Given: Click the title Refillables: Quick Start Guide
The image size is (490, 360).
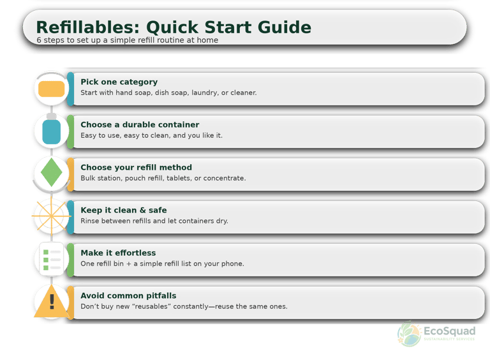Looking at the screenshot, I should click(x=174, y=27).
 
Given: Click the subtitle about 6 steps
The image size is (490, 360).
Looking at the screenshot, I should click(x=127, y=40).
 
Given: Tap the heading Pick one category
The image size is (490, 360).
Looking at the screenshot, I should click(x=119, y=82).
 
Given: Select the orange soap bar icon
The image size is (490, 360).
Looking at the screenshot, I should click(x=51, y=89).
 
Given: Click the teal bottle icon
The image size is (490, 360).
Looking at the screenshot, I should click(x=51, y=131).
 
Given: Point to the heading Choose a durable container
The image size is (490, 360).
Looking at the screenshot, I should click(x=140, y=125).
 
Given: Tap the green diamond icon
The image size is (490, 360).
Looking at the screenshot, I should click(x=51, y=174).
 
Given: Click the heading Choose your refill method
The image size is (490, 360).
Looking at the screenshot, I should click(x=136, y=168).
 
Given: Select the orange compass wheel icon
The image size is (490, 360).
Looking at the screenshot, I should click(x=50, y=216).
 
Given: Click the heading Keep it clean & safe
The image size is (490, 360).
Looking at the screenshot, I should click(x=123, y=210).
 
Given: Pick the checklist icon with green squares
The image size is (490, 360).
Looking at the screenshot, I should click(x=51, y=259).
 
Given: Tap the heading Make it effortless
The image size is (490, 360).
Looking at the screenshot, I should click(x=118, y=253).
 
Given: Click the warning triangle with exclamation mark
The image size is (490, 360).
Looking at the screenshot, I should click(x=52, y=302).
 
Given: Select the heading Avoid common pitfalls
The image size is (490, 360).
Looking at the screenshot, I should click(x=128, y=296).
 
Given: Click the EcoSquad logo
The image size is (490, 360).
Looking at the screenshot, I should click(x=436, y=333).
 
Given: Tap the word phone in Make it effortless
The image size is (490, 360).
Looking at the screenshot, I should click(x=232, y=264).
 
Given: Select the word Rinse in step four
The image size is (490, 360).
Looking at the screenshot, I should click(x=90, y=221).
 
